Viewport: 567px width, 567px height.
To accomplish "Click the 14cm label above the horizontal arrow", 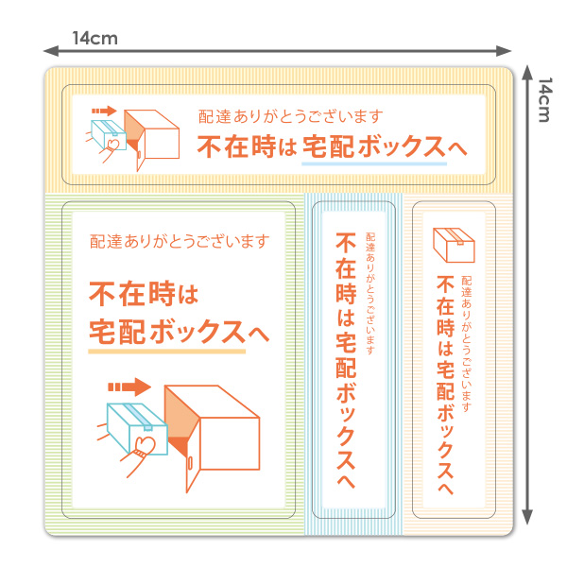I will [x=94, y=39].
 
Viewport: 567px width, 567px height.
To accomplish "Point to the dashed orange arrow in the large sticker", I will [x=129, y=386].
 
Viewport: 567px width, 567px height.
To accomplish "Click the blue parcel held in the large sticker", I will [x=129, y=424].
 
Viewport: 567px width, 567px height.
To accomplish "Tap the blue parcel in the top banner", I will [x=106, y=133].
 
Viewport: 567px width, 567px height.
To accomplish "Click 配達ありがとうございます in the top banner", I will [x=291, y=117].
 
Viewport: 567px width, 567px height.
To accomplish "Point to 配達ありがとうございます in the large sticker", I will [x=178, y=240].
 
